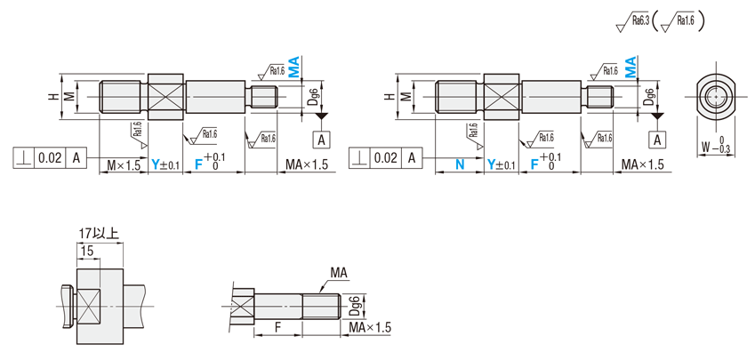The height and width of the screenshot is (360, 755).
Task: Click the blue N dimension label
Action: [460, 164]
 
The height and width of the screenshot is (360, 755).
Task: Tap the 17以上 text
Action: [100, 234]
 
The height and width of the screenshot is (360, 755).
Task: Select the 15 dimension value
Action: [87, 251]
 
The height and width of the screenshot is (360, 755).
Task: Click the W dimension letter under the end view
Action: [705, 148]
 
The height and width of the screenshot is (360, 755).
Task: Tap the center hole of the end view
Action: [716, 97]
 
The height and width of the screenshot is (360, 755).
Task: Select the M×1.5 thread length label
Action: [124, 165]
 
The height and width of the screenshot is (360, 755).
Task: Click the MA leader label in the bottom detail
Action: [339, 273]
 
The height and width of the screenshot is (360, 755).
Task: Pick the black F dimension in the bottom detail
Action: [277, 327]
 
